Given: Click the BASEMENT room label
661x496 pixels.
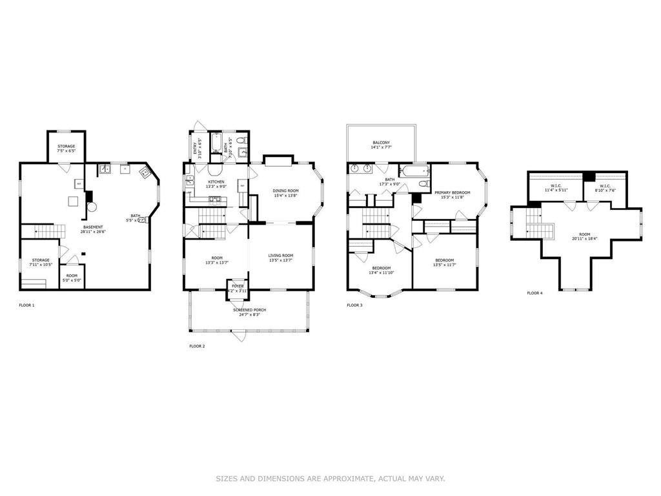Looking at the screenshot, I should (93, 227).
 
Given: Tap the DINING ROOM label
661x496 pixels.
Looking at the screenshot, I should (285, 191).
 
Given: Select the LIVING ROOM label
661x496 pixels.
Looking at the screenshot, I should (281, 256).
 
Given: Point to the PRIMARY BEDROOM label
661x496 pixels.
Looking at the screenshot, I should (452, 192).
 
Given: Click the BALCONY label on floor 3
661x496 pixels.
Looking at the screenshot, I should (381, 143).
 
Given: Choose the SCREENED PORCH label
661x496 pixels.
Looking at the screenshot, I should (249, 310).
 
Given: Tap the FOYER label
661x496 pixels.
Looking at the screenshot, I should (238, 286).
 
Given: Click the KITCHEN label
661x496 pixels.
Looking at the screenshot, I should (216, 182).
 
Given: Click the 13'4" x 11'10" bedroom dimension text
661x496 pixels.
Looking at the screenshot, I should (380, 273).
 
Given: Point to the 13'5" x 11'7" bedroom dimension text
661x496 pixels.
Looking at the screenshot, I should (444, 265).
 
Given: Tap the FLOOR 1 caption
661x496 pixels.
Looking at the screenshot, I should (26, 305).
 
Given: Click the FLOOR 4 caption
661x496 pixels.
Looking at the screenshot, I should (534, 293).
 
